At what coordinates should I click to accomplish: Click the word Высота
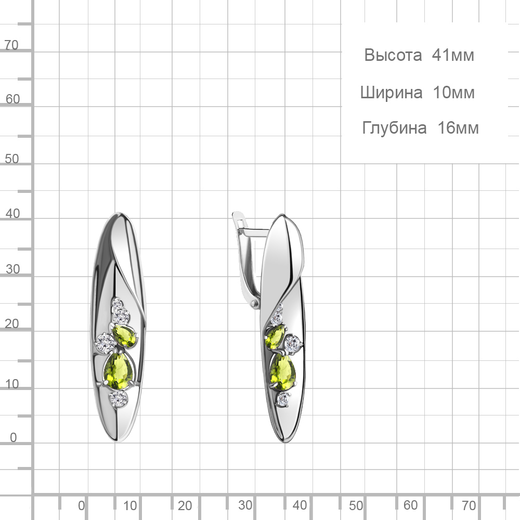coord(393,55)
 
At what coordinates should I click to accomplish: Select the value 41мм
coord(453,55)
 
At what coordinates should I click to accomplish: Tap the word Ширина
coord(392,93)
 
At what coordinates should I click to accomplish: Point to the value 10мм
coord(454,93)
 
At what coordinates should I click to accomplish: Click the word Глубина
coord(394,128)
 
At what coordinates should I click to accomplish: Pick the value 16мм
coord(458,128)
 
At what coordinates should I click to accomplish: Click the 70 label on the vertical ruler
coord(11,45)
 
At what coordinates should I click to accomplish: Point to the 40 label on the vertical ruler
coord(12,214)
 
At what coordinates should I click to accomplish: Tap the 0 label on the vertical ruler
coord(14,437)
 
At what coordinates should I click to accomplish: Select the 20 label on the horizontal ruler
coord(185,505)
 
